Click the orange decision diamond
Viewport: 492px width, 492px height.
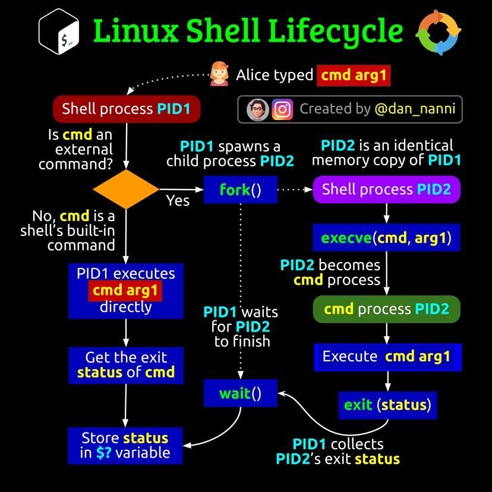(x=126, y=190)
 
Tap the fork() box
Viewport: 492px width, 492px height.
(x=240, y=190)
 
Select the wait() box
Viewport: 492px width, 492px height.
(x=240, y=393)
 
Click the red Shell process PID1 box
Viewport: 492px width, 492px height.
(x=127, y=109)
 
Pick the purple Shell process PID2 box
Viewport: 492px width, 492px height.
(x=386, y=190)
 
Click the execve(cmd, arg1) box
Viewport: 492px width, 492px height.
(x=386, y=238)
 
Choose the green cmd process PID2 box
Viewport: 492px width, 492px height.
(x=386, y=309)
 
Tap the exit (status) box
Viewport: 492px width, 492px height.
(x=387, y=405)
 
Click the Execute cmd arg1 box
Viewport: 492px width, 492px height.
(x=387, y=357)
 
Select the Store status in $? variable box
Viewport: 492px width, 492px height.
(x=125, y=445)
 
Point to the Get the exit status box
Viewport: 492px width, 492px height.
(x=126, y=365)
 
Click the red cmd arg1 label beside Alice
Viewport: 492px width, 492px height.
(x=354, y=75)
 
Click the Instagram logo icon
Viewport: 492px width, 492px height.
(x=282, y=109)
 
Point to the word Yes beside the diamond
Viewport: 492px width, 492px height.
(x=178, y=201)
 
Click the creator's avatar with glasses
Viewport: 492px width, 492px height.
(x=258, y=109)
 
